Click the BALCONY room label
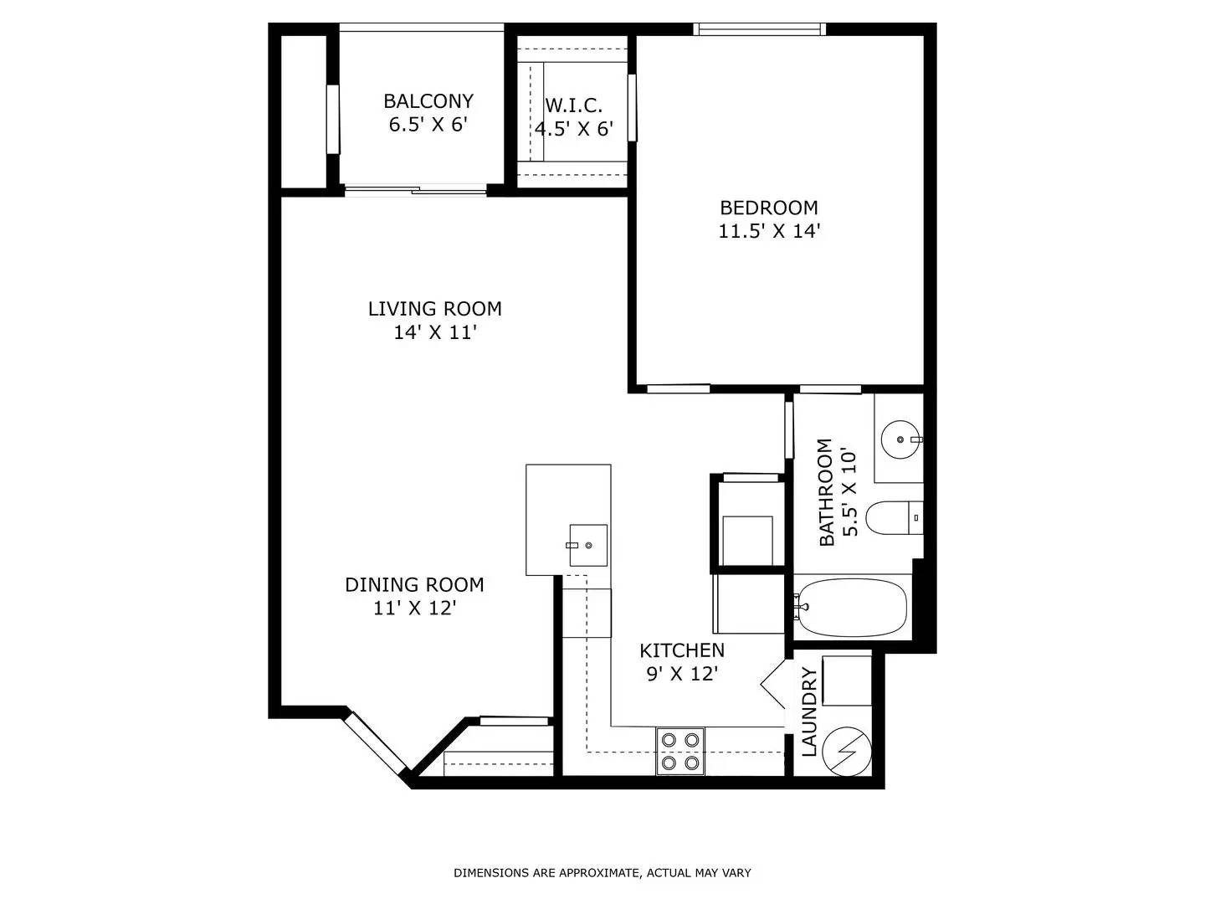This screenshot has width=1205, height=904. tap(428, 101)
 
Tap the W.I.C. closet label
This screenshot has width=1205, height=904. tap(574, 105)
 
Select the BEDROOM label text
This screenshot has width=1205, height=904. tap(768, 208)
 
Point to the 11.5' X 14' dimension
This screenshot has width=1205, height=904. tap(769, 232)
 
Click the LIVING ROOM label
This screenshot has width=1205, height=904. tap(435, 309)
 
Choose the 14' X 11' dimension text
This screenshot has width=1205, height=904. tap(434, 332)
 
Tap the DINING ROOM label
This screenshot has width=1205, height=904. tap(414, 585)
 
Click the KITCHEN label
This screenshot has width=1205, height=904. tap(682, 651)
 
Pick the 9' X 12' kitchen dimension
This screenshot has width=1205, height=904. tap(682, 674)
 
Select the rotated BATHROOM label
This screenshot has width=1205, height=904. tap(826, 492)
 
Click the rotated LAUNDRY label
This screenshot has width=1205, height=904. tap(810, 711)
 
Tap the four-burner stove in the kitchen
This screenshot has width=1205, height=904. tap(680, 751)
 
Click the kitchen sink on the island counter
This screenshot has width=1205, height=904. tap(588, 545)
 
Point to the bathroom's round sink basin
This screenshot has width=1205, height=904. tap(900, 439)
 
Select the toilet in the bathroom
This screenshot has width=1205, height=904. tap(895, 517)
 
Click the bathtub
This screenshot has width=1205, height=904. tap(852, 607)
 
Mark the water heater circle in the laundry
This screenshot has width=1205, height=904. tap(848, 752)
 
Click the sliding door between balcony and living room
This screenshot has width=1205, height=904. tap(416, 191)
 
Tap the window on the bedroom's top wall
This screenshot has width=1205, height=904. tap(760, 29)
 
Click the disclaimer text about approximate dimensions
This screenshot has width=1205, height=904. tap(602, 873)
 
